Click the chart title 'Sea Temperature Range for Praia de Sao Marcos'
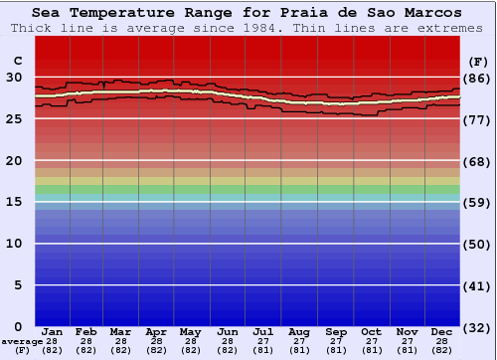pos(247,13)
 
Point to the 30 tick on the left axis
pos(14,77)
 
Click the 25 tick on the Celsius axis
pos(14,118)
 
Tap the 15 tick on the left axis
pos(14,202)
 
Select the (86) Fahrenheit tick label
pos(478,78)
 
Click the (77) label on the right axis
pos(478,119)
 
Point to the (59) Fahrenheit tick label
pos(478,203)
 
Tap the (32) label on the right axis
pos(478,327)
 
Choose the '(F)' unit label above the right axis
pos(477,61)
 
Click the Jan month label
pos(53,331)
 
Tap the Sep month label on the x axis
pos(335,331)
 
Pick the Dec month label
pos(442,331)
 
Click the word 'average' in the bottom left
pos(21,341)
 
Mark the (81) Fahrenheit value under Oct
pos(371,350)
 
